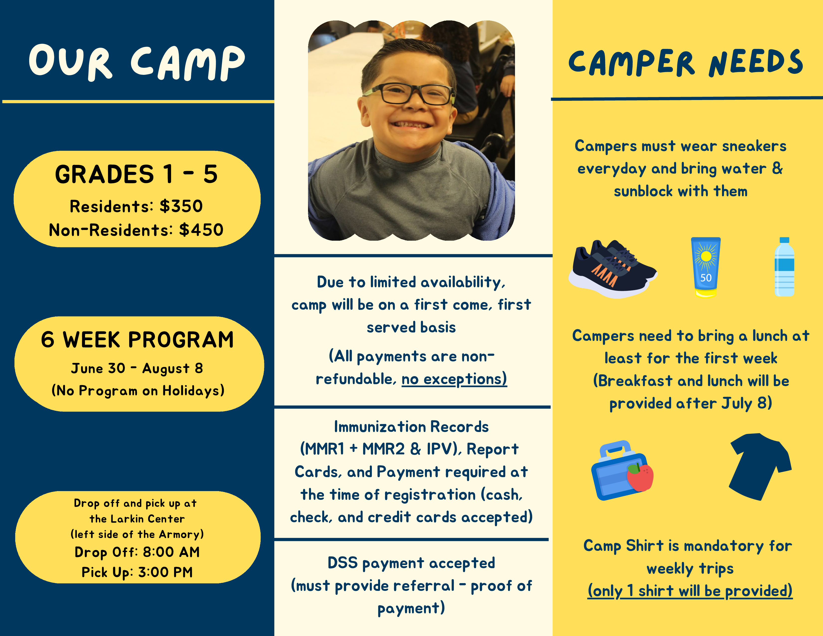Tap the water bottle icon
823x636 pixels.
(785, 267)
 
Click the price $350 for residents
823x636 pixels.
(181, 206)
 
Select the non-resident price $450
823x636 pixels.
(201, 230)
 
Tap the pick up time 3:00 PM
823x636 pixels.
(165, 572)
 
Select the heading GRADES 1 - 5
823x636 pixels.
(136, 174)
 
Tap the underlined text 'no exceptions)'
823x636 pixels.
(454, 379)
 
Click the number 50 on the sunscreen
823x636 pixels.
(706, 278)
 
